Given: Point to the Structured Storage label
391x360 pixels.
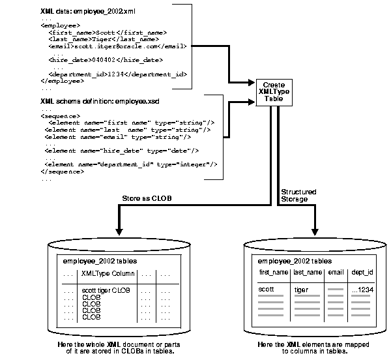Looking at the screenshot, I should tap(298, 196).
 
